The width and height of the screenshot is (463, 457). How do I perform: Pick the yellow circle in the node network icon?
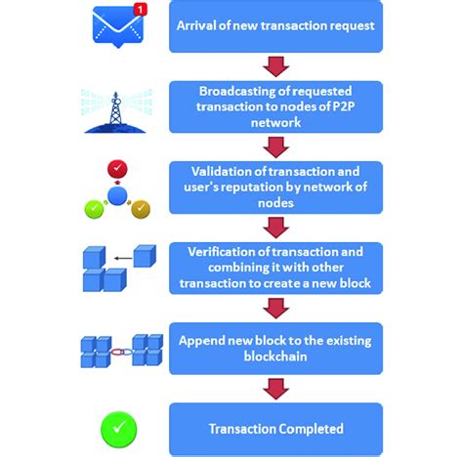click(142, 207)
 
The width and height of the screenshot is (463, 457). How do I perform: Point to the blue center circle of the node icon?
click(117, 193)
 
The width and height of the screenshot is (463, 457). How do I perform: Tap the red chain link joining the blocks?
click(118, 350)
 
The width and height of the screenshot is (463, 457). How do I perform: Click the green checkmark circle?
click(118, 429)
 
